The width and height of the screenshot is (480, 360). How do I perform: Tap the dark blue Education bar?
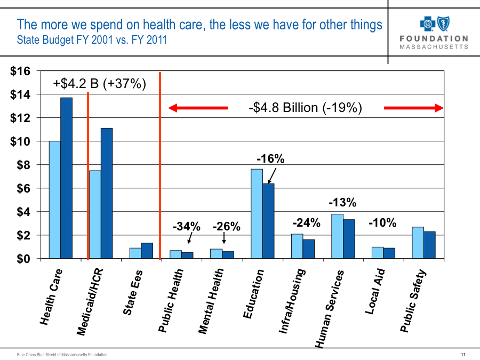[268, 221]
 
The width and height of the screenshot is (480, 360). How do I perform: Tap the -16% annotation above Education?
[270, 159]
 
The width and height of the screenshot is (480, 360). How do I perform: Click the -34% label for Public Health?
[186, 227]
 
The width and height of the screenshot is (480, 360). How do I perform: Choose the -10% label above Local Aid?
[382, 223]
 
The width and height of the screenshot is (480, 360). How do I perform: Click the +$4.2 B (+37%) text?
[100, 84]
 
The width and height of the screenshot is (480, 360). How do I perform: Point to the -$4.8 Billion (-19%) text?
[306, 108]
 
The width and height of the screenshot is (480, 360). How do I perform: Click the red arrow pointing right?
[414, 108]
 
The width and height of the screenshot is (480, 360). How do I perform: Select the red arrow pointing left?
[198, 108]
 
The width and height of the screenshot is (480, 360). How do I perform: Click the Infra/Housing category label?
[292, 301]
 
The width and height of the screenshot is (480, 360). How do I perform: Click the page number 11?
[463, 355]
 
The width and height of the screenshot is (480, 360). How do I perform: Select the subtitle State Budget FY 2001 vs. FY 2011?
[92, 39]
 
